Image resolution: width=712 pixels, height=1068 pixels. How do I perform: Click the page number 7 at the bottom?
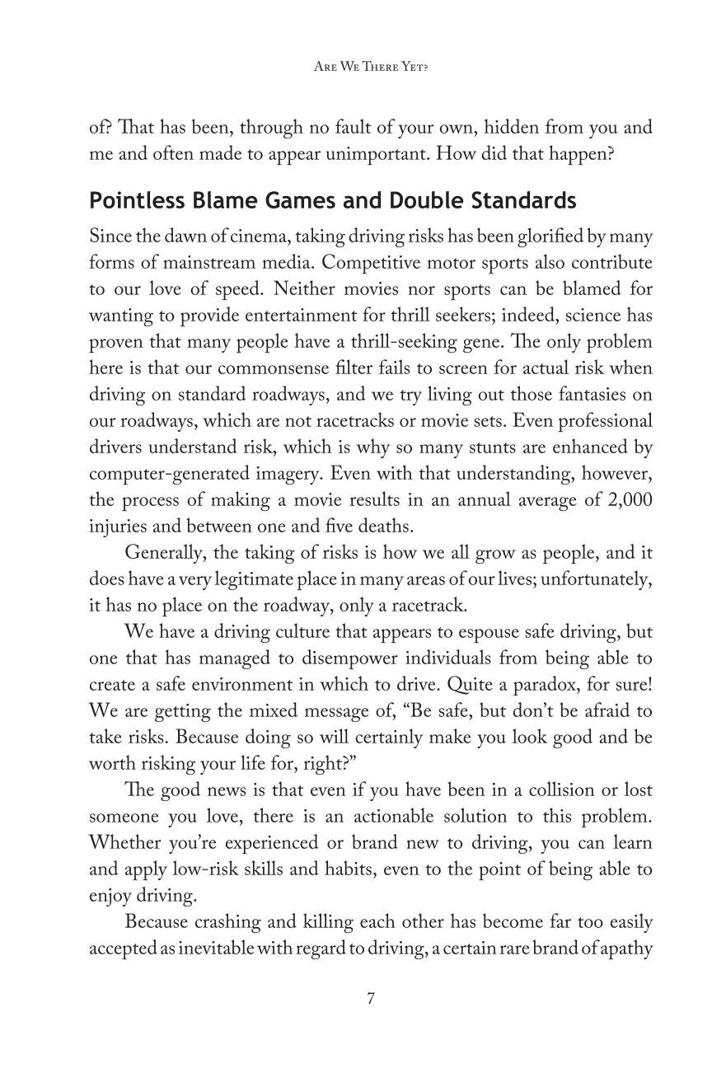click(371, 999)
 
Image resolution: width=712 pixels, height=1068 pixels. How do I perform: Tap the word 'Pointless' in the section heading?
click(133, 201)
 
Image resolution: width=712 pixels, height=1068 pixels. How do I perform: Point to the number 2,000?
click(630, 499)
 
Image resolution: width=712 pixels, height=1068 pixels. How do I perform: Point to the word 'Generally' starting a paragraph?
click(162, 553)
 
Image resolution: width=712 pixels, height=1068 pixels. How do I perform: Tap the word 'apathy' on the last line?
click(624, 949)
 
